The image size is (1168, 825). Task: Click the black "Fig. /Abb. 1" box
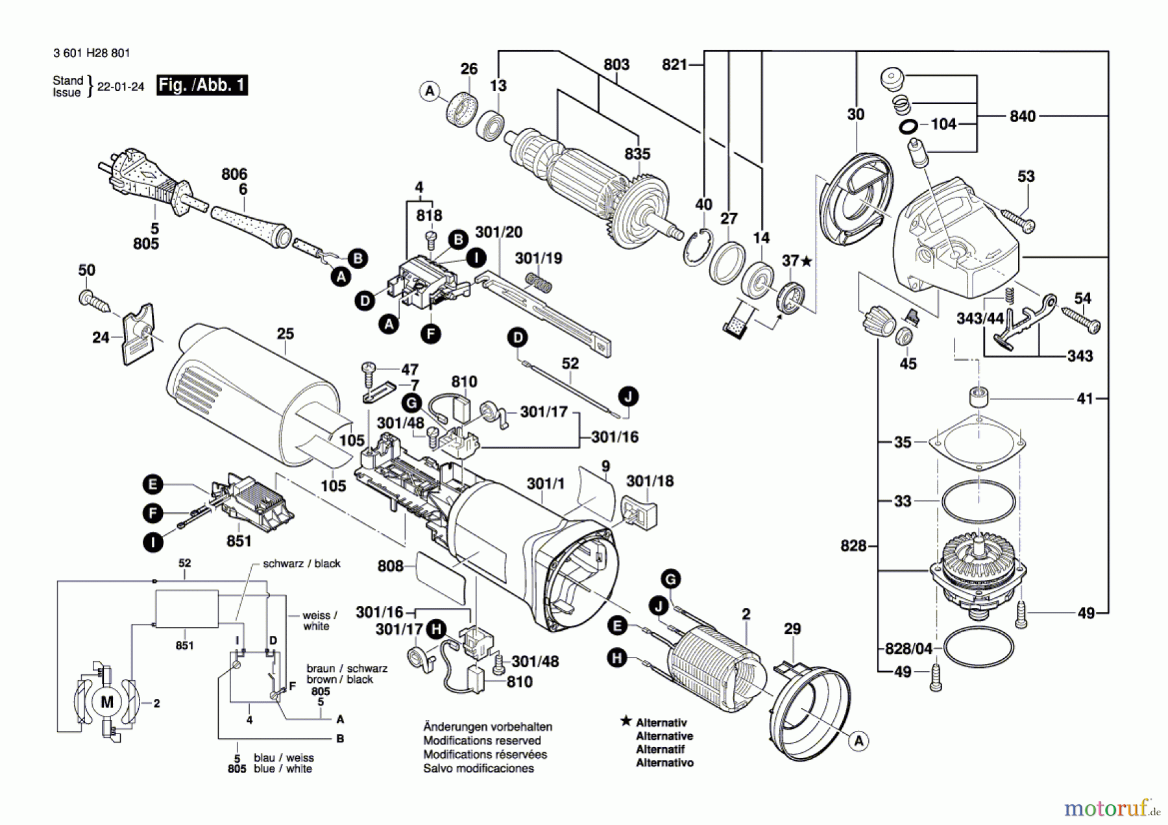[x=202, y=85]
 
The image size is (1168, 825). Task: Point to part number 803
[x=616, y=64]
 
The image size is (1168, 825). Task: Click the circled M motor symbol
[x=107, y=702]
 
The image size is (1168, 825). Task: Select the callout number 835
[x=637, y=154]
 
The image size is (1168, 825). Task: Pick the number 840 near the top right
[x=1022, y=116]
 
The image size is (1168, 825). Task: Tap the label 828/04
[x=908, y=648]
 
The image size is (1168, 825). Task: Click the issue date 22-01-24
[x=121, y=86]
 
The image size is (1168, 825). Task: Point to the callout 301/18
[x=650, y=481]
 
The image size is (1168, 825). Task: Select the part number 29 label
[x=792, y=628]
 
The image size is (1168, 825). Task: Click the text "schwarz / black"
[x=301, y=563]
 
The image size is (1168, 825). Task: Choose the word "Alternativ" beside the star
[x=661, y=722]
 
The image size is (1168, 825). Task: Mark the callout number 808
[x=390, y=566]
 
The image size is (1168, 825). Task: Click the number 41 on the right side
[x=1085, y=399]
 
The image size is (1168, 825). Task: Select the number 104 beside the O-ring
[x=943, y=123]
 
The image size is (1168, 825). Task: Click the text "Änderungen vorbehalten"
[x=487, y=727]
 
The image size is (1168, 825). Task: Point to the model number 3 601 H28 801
[x=91, y=53]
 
